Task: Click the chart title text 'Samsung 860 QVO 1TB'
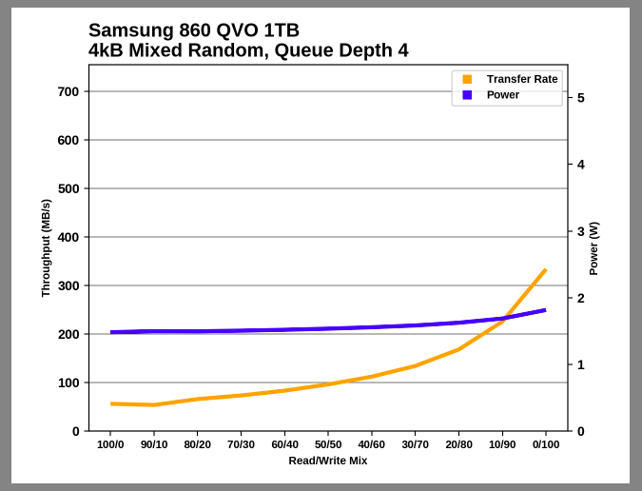click(193, 30)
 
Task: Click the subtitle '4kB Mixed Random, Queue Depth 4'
click(248, 50)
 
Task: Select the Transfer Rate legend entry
click(521, 79)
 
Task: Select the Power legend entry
click(503, 95)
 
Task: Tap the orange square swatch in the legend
click(467, 79)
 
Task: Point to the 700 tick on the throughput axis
click(68, 92)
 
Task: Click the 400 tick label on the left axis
click(68, 237)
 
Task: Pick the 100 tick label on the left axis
click(68, 383)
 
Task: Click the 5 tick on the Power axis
click(580, 98)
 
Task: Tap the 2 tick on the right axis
click(580, 298)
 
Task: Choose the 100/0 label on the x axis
click(110, 444)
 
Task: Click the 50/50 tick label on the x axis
click(328, 444)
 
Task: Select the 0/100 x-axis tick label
click(545, 444)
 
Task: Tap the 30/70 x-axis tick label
click(415, 444)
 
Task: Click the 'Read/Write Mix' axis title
click(328, 461)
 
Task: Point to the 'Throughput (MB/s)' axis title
click(46, 248)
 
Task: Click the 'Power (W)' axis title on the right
click(593, 248)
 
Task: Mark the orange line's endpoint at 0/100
click(545, 270)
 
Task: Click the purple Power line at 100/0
click(111, 332)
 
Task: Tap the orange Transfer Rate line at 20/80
click(458, 349)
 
